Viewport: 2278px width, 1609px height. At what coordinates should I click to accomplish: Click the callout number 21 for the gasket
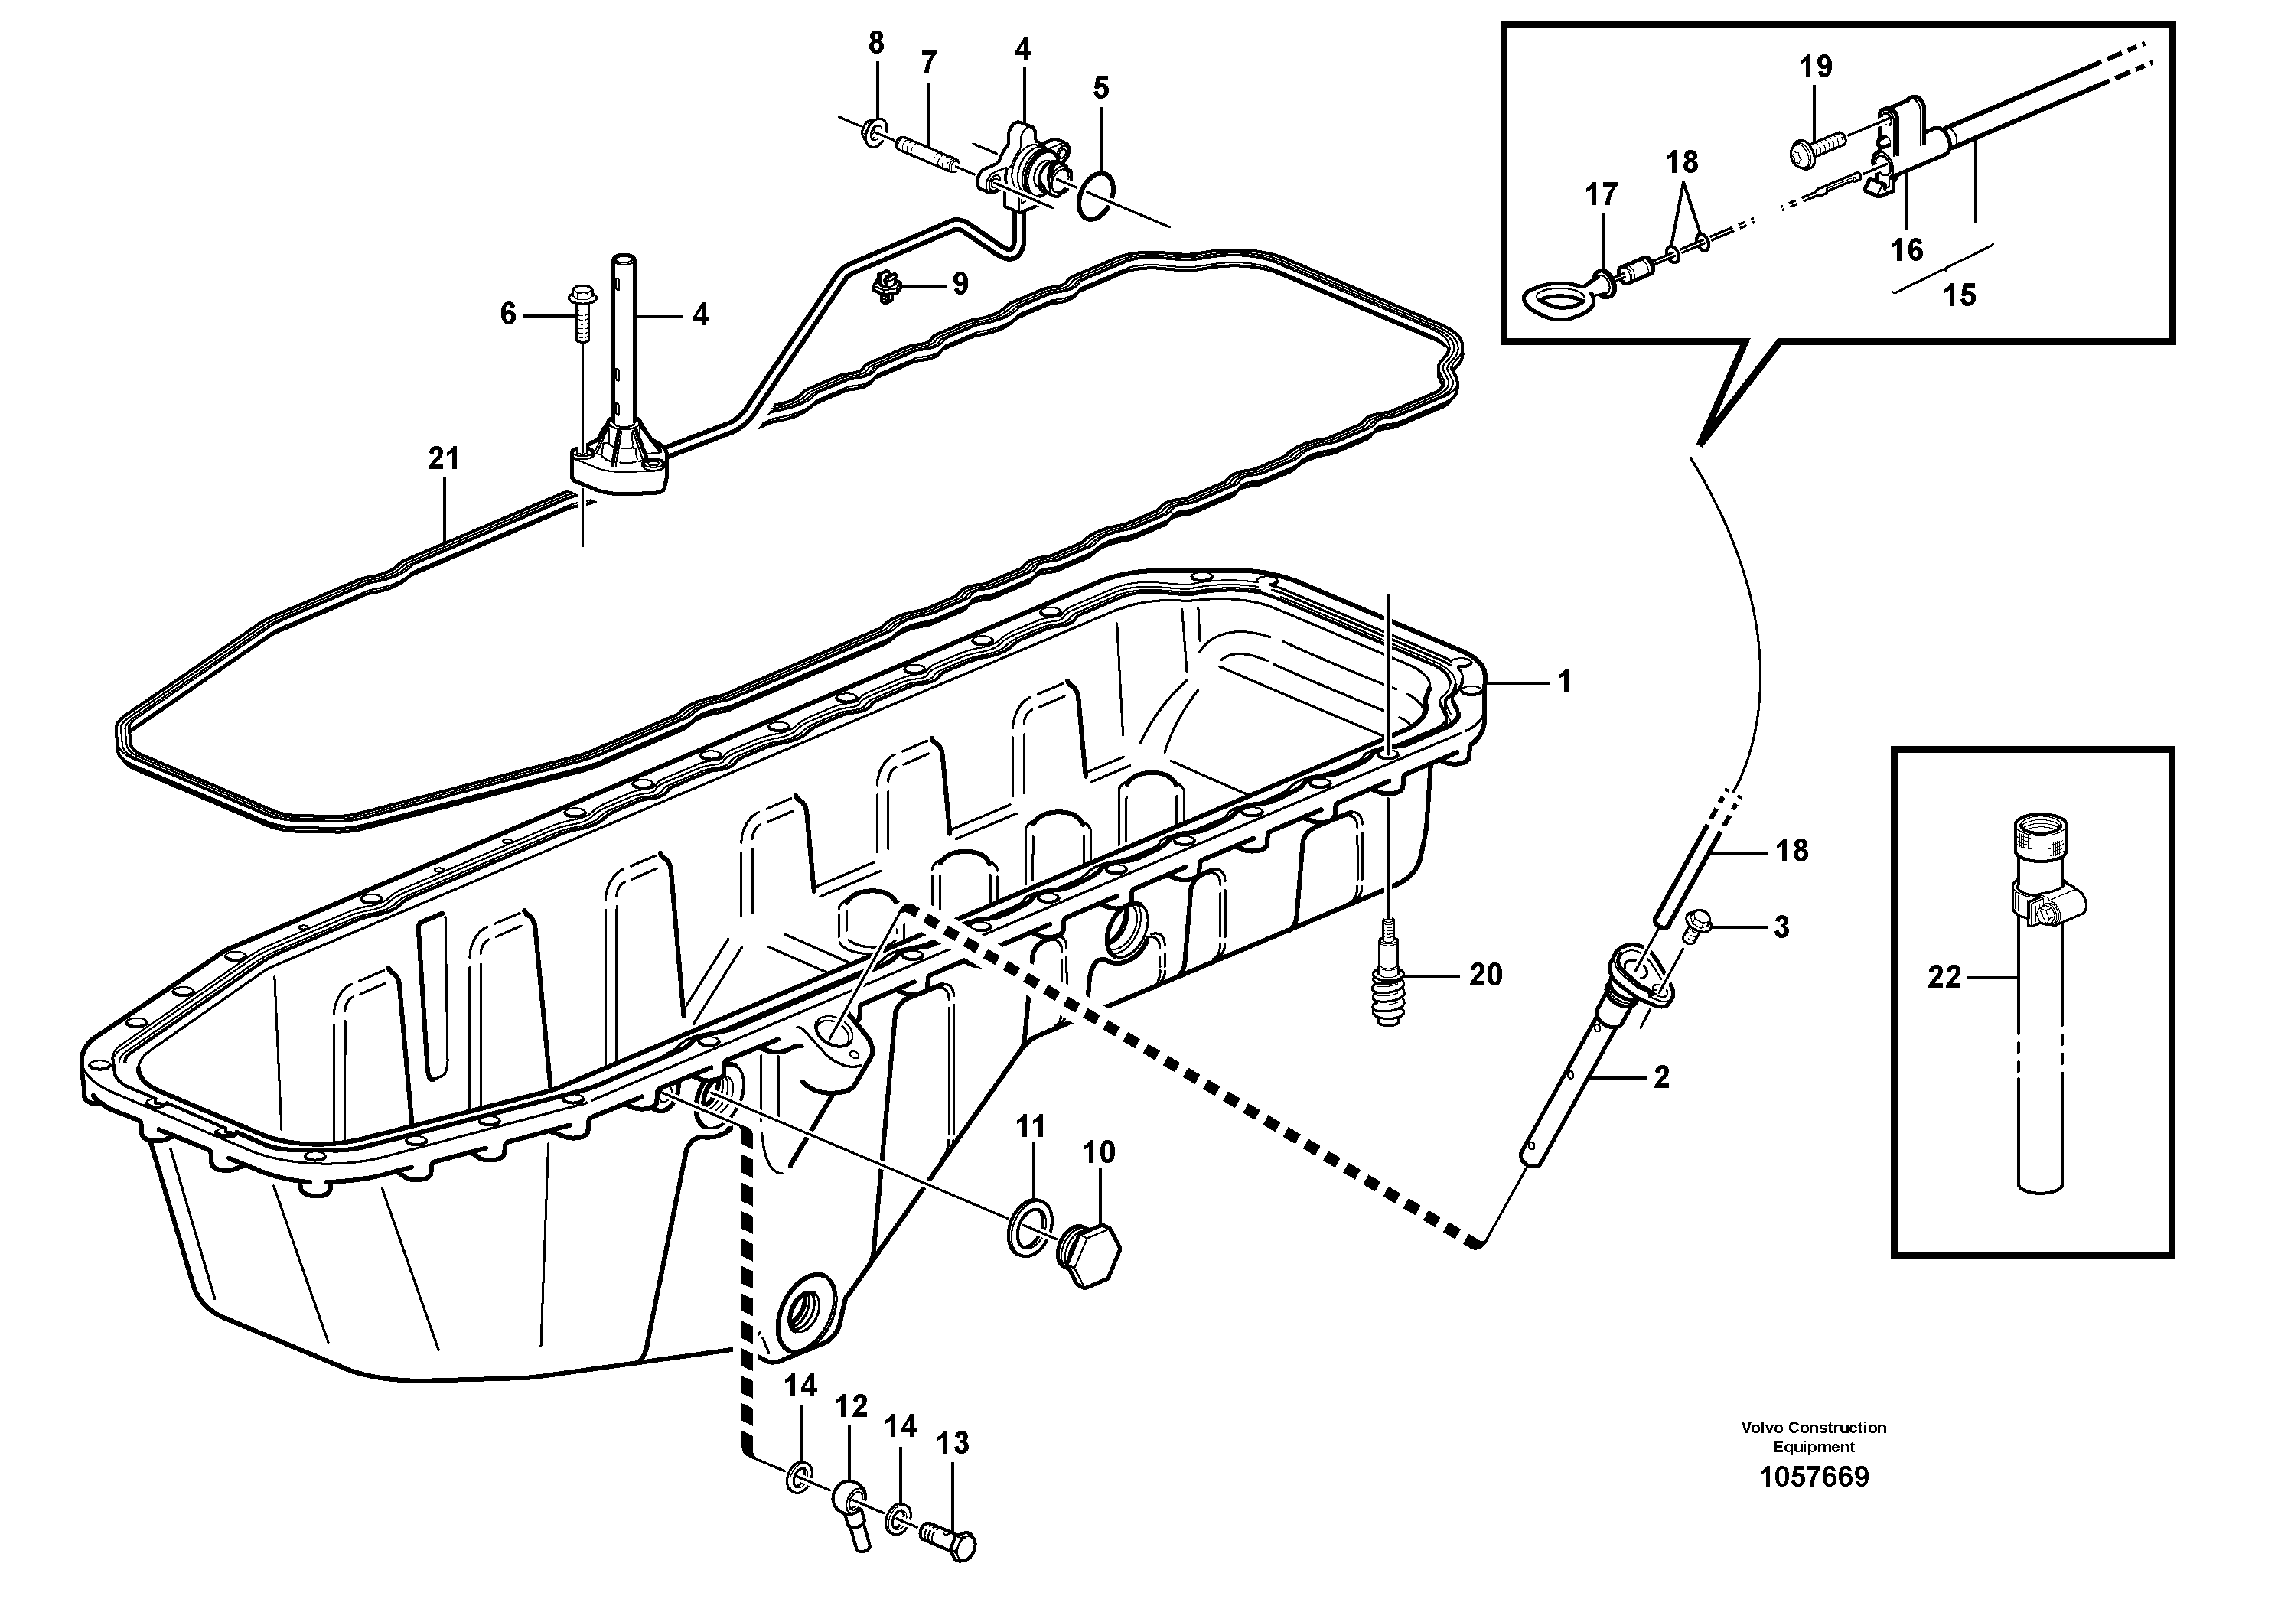click(444, 458)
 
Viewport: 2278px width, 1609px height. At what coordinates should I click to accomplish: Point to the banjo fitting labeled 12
click(851, 1501)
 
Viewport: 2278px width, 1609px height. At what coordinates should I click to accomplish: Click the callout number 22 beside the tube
click(1944, 978)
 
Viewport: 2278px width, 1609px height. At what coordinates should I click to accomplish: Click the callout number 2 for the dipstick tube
click(1661, 1076)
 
